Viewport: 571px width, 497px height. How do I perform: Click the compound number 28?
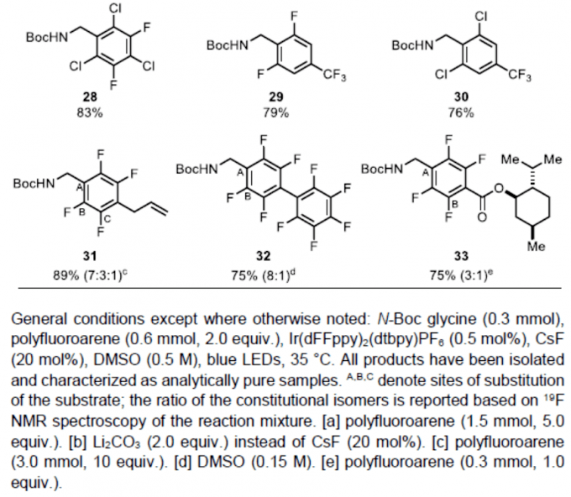pyautogui.click(x=90, y=97)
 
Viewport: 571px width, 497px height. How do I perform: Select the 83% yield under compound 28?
pyautogui.click(x=90, y=112)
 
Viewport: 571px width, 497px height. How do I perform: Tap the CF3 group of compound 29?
pyautogui.click(x=335, y=76)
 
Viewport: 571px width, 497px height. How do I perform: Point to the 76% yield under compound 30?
pyautogui.click(x=461, y=112)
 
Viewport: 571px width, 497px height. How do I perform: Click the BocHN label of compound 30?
pyautogui.click(x=412, y=45)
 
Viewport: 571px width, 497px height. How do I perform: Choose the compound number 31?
pyautogui.click(x=90, y=256)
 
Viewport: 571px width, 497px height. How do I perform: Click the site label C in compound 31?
pyautogui.click(x=108, y=218)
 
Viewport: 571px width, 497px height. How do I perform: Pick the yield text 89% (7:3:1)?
pyautogui.click(x=91, y=275)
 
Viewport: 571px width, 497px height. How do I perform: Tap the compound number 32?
pyautogui.click(x=263, y=256)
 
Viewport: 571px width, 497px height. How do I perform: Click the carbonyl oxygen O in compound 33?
pyautogui.click(x=482, y=217)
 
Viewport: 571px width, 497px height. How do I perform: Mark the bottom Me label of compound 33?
pyautogui.click(x=537, y=247)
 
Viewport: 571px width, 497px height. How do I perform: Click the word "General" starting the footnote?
pyautogui.click(x=39, y=319)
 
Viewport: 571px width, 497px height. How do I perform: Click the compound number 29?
pyautogui.click(x=275, y=97)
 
